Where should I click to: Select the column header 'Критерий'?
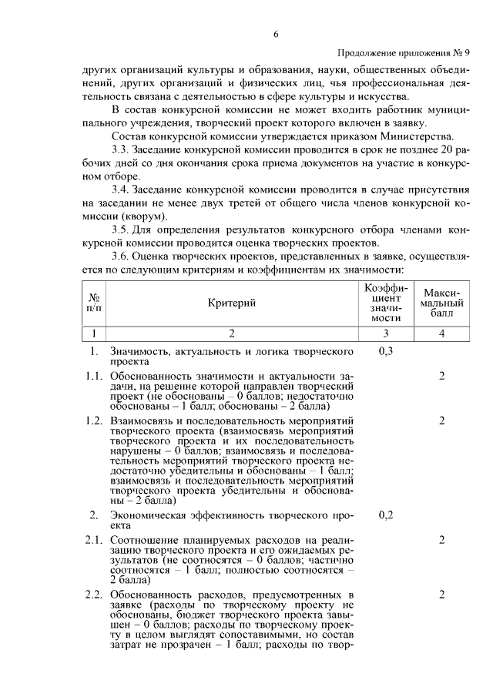[x=232, y=303]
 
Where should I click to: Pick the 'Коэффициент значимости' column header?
[x=385, y=303]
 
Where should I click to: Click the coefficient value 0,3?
[x=386, y=352]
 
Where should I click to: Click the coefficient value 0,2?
[x=386, y=515]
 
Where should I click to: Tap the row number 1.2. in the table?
[x=94, y=421]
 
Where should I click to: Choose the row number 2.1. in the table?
[x=94, y=540]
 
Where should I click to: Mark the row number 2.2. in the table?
[x=94, y=595]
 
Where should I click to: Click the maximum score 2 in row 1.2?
[x=442, y=421]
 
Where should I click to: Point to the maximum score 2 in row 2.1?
[x=442, y=540]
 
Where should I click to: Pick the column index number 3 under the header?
[x=386, y=333]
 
